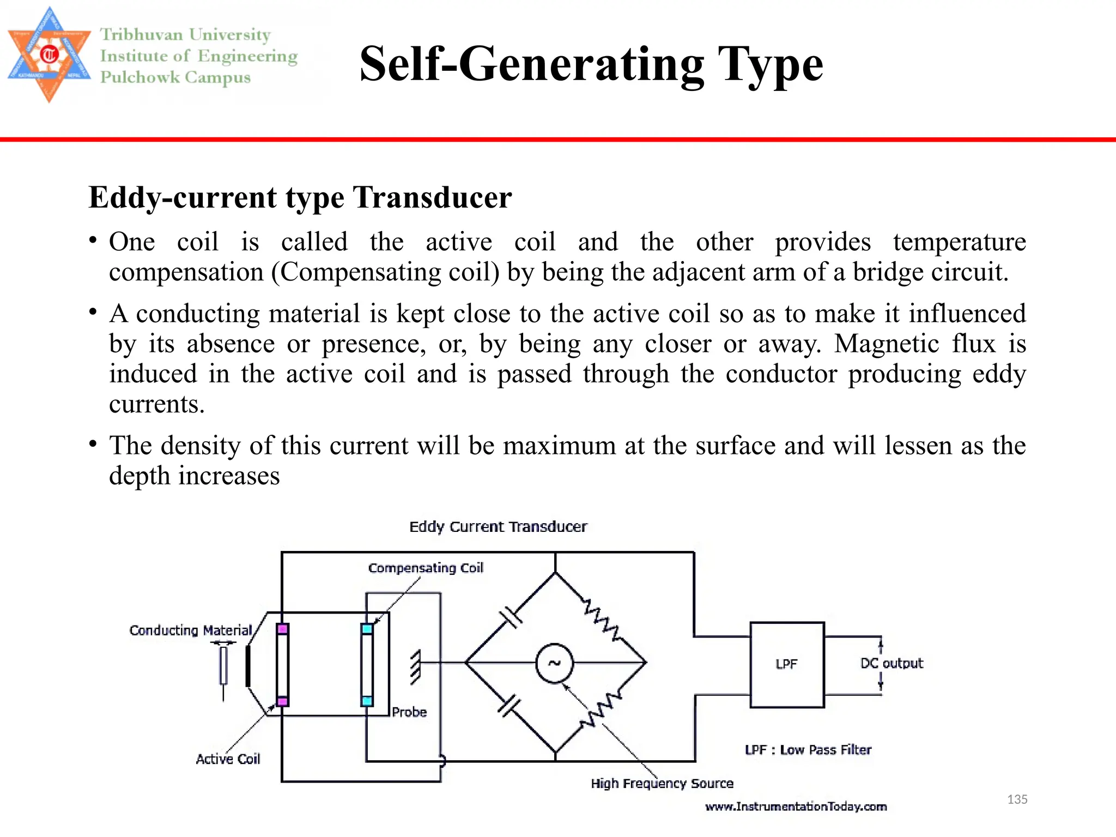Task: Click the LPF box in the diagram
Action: (787, 664)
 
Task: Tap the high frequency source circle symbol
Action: (554, 663)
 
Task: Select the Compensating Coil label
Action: (426, 568)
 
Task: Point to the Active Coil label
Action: (228, 759)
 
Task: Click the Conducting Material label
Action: (191, 630)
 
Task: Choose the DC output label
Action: (891, 663)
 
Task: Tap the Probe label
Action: (409, 712)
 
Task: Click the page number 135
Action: (1017, 799)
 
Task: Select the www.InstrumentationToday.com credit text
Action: (796, 806)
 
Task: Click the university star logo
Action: (49, 54)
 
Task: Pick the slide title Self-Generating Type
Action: (591, 64)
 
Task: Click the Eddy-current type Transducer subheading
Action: (300, 197)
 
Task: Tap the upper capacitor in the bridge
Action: (511, 617)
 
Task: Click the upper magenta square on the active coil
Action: (282, 629)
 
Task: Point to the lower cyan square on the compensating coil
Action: (367, 701)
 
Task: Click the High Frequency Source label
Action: (662, 784)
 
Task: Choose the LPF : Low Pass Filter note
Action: (808, 750)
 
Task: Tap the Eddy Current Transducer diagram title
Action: (498, 527)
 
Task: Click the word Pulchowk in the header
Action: (140, 77)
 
